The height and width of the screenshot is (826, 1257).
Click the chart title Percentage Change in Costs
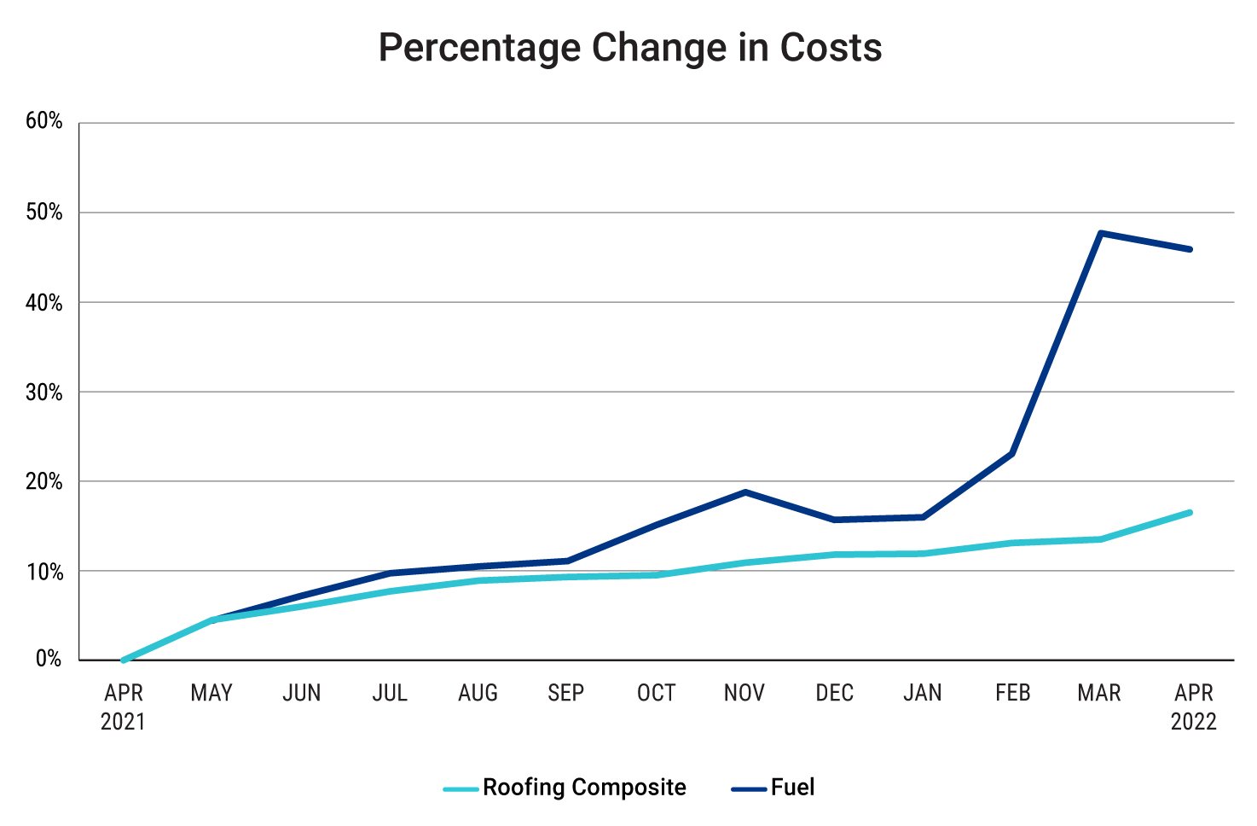(x=629, y=48)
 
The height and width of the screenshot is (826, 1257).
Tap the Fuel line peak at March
(x=1101, y=233)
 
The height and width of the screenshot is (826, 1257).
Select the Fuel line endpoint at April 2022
(x=1190, y=249)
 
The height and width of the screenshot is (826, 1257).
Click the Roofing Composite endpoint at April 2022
(x=1190, y=512)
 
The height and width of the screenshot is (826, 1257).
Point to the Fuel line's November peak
(x=744, y=492)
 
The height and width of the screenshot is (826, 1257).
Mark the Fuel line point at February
(x=1011, y=453)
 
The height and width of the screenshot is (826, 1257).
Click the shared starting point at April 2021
(x=124, y=660)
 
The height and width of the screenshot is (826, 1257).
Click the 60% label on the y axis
(x=44, y=121)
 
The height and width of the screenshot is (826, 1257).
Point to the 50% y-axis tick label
(x=44, y=212)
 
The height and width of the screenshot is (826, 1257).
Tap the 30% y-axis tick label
(x=44, y=393)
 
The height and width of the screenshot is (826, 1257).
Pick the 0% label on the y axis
(x=49, y=659)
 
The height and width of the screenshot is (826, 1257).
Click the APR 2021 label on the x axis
(x=124, y=707)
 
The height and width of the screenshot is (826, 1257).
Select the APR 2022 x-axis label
(x=1193, y=707)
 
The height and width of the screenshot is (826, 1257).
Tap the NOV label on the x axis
(x=744, y=693)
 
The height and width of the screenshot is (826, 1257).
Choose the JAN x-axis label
(x=923, y=693)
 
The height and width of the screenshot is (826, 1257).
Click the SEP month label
(x=566, y=693)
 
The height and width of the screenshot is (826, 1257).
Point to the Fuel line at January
(x=923, y=517)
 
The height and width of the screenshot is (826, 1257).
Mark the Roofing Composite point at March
(x=1101, y=539)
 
